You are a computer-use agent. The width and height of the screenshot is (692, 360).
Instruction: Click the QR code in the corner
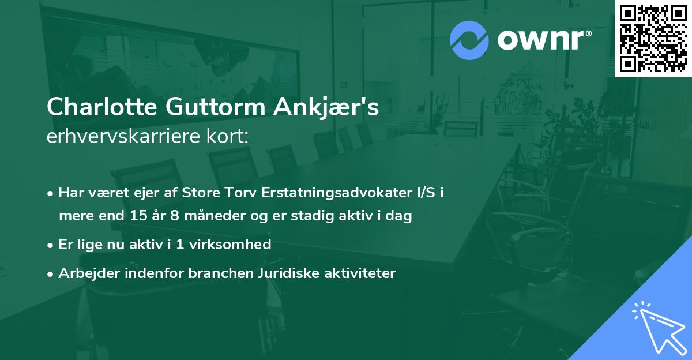point(653,39)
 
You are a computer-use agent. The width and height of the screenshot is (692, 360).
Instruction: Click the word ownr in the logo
point(543,40)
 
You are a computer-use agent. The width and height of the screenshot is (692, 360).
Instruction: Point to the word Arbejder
point(84,273)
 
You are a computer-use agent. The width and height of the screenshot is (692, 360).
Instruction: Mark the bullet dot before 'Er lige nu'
point(51,245)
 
